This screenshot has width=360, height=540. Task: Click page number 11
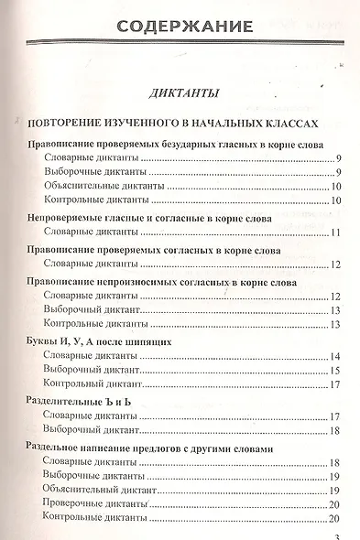[336, 233]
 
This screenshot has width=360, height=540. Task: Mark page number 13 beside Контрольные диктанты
[336, 324]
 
